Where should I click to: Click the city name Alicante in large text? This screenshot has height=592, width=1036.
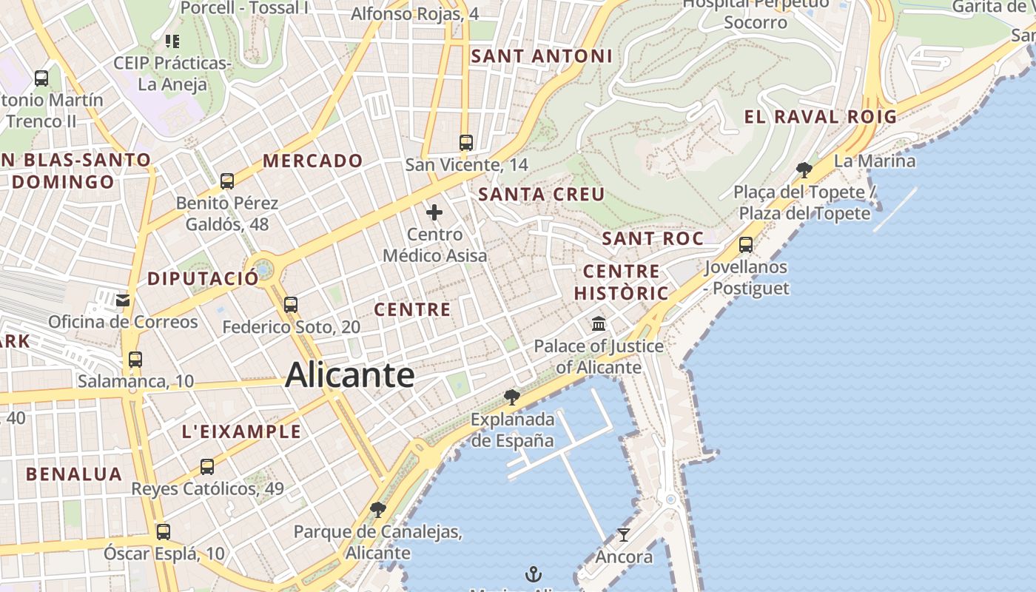pyautogui.click(x=349, y=374)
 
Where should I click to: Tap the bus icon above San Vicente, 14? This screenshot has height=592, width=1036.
pyautogui.click(x=465, y=143)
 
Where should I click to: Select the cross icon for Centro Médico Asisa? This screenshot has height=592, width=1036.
pyautogui.click(x=434, y=213)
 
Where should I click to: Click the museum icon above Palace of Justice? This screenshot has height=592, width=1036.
pyautogui.click(x=599, y=324)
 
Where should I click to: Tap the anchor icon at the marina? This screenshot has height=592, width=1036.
pyautogui.click(x=533, y=573)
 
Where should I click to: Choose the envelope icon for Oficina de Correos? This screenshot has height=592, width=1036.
pyautogui.click(x=123, y=300)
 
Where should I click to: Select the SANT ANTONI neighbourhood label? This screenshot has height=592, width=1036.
pyautogui.click(x=542, y=56)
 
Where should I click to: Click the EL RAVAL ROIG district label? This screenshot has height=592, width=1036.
pyautogui.click(x=820, y=117)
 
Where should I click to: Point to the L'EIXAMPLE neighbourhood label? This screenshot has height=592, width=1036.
pyautogui.click(x=241, y=431)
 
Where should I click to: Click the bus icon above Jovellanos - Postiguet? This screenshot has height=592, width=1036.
pyautogui.click(x=746, y=245)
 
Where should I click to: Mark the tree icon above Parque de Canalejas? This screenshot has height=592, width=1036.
pyautogui.click(x=378, y=510)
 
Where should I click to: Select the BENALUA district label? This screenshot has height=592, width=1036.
pyautogui.click(x=74, y=474)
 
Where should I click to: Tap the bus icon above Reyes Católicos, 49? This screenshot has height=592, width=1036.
pyautogui.click(x=207, y=467)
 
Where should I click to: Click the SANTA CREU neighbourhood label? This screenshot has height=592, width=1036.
pyautogui.click(x=542, y=195)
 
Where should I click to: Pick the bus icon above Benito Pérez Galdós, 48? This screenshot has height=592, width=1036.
pyautogui.click(x=227, y=181)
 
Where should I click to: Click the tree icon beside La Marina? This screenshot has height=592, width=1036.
pyautogui.click(x=804, y=171)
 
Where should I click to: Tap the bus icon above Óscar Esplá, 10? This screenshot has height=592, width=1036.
pyautogui.click(x=164, y=531)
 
